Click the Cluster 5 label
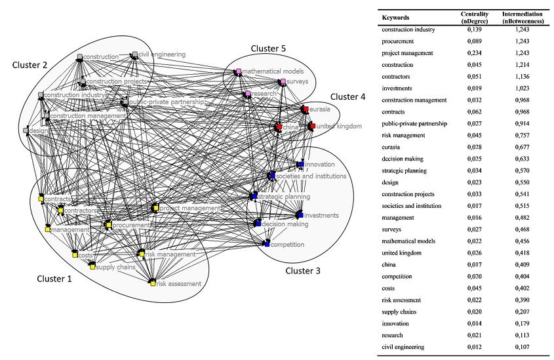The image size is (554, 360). (x=269, y=49)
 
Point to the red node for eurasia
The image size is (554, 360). (x=305, y=108)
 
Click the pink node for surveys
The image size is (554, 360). (x=283, y=82)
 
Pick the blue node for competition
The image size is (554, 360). (x=267, y=244)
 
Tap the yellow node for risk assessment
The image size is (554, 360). (x=152, y=283)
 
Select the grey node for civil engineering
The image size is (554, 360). (x=134, y=54)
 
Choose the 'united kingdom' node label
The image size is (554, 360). (x=339, y=126)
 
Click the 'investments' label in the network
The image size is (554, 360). (x=321, y=215)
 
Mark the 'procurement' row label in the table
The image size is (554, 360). (x=402, y=41)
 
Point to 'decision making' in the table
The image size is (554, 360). (x=405, y=159)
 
